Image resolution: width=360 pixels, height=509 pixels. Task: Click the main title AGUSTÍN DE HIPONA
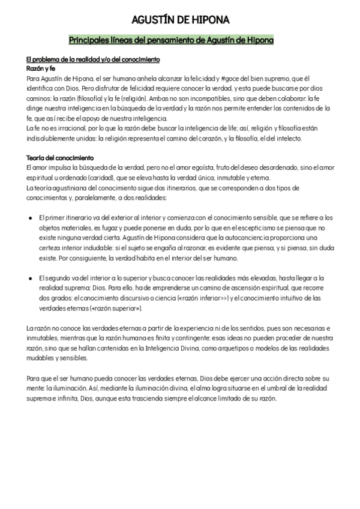click(180, 21)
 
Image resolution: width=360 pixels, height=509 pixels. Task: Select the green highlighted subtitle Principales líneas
click(171, 40)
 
